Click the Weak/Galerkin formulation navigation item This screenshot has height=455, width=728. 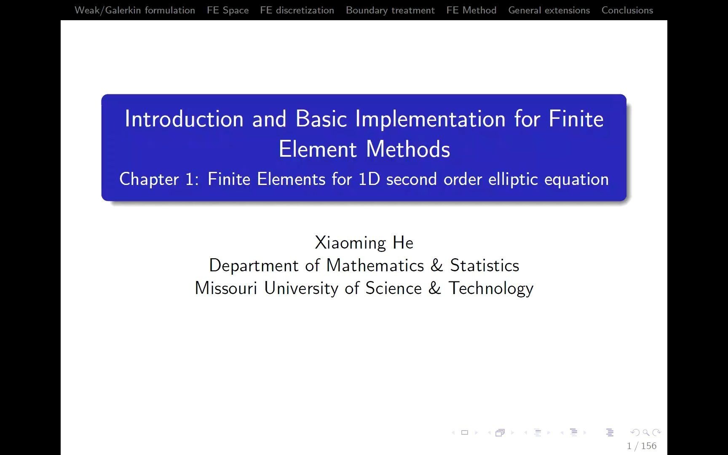(x=135, y=10)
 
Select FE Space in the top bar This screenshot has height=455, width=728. (x=227, y=10)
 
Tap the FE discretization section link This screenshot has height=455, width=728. (x=297, y=10)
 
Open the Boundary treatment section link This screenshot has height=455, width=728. (x=390, y=10)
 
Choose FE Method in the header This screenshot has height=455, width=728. (x=471, y=10)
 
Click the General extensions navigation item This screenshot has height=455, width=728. (x=549, y=10)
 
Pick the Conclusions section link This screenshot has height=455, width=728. (x=627, y=10)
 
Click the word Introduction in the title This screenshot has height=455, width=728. (x=184, y=119)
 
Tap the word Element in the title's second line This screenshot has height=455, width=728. (x=318, y=149)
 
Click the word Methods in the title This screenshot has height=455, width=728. (x=408, y=149)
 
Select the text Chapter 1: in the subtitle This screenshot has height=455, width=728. (x=159, y=179)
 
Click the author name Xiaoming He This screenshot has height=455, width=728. (x=364, y=243)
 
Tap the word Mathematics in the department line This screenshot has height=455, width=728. (x=375, y=265)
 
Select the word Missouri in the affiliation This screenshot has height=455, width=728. (x=226, y=288)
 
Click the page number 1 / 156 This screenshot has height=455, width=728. (x=642, y=446)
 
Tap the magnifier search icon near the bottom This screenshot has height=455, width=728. (x=646, y=432)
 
